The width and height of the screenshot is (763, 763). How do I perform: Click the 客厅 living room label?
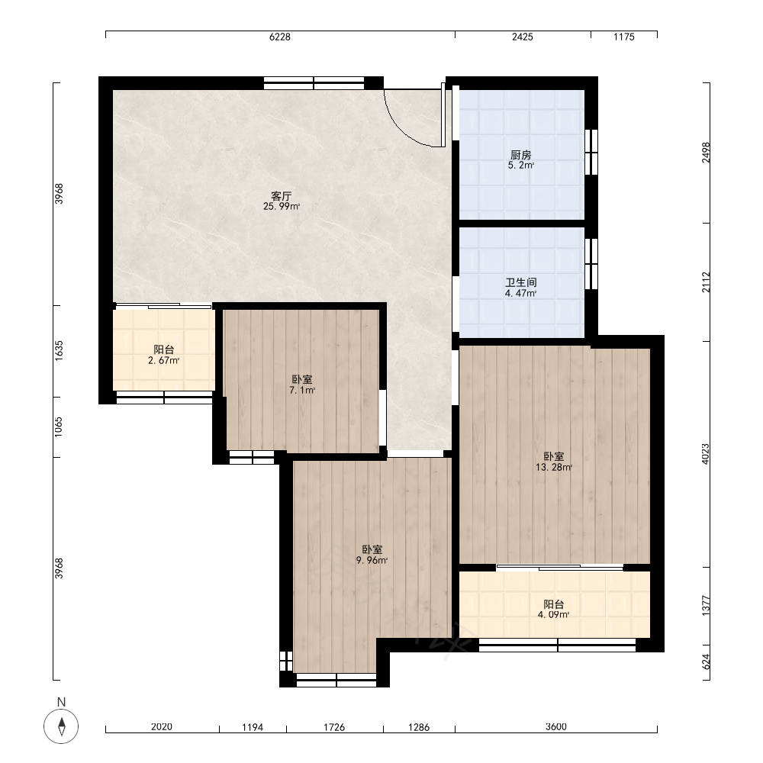point(282,196)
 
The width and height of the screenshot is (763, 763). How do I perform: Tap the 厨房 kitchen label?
point(520,155)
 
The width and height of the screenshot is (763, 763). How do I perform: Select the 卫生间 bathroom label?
point(520,283)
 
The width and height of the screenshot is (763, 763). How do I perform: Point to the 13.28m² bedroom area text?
point(554,467)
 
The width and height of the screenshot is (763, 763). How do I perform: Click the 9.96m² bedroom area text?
point(372,560)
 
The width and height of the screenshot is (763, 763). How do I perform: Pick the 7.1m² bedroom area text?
point(302,390)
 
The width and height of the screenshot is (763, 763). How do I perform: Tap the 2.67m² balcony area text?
point(164,361)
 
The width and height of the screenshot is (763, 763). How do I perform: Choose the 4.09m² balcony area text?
point(554,614)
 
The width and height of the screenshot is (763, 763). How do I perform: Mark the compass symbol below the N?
point(61,726)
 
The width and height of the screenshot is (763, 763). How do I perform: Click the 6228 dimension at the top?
point(280,37)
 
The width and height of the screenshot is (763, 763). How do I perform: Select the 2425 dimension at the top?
point(523,37)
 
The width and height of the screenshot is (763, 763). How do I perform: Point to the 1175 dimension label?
point(624,37)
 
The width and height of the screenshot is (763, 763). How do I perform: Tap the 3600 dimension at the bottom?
point(555,727)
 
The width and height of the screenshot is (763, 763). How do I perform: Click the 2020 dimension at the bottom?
point(162,727)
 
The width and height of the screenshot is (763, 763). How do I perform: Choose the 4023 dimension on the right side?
point(706,453)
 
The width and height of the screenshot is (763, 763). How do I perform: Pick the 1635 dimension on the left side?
point(59,350)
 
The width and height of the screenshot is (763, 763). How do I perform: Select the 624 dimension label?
point(706,660)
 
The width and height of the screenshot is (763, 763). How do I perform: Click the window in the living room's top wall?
point(314,83)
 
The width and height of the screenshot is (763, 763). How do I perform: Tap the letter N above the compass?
point(61,702)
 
